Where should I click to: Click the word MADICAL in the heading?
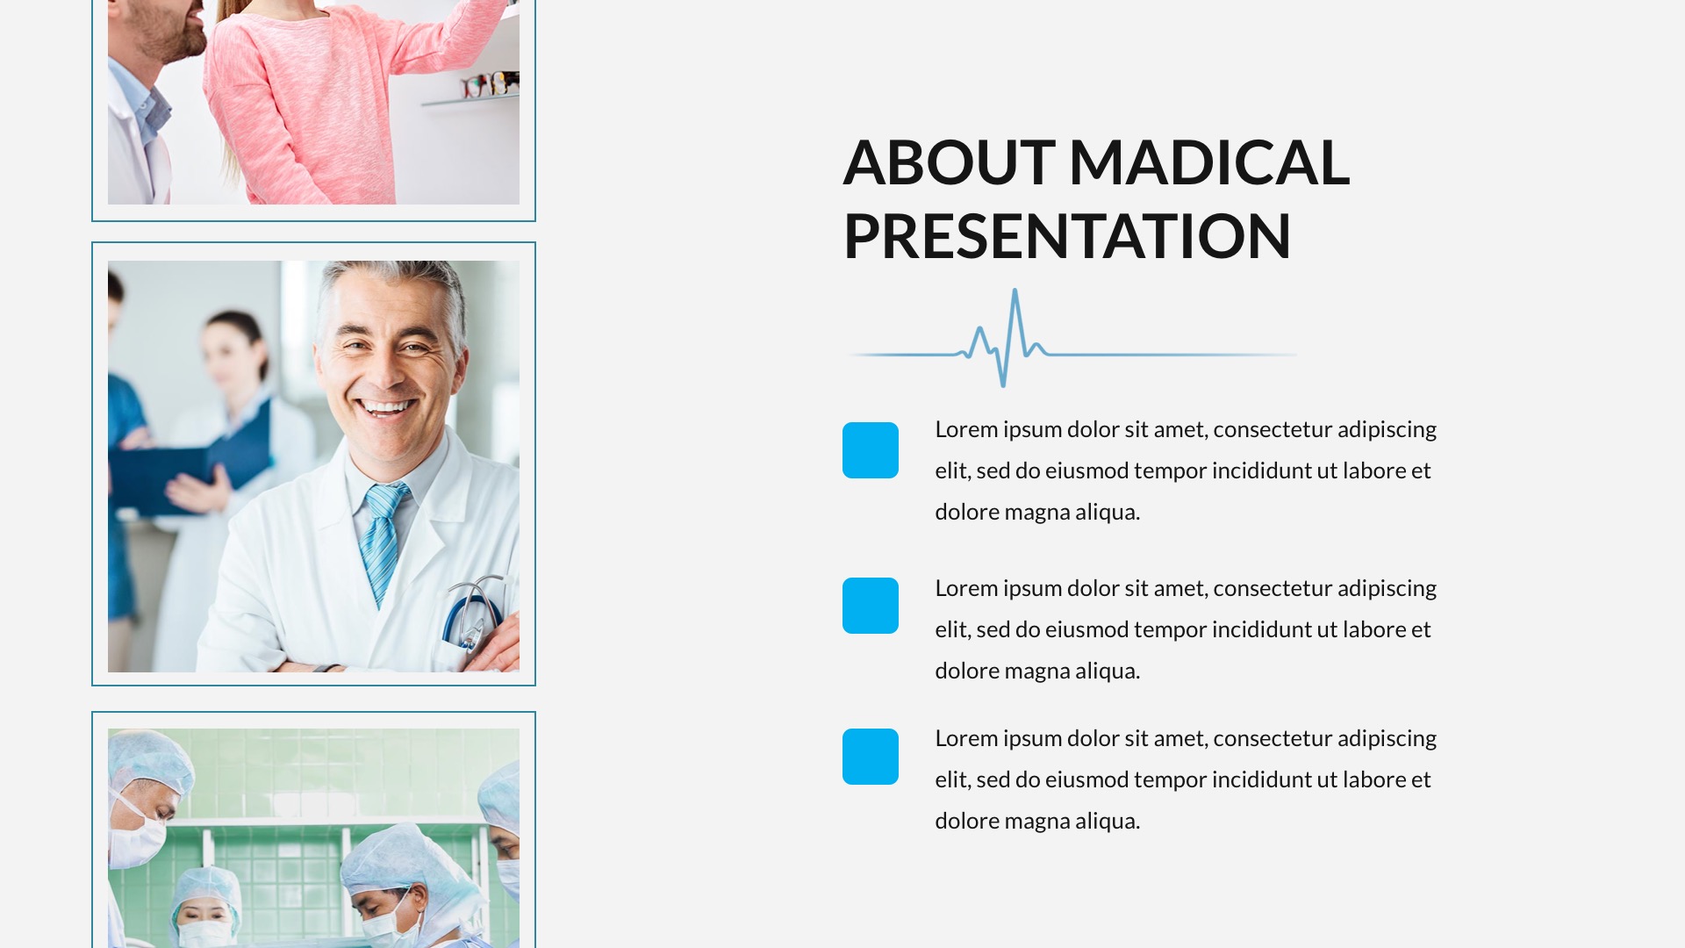pos(1208,163)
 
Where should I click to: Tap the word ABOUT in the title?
pos(948,163)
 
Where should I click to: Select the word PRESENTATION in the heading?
pos(1066,237)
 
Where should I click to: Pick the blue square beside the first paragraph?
pos(870,450)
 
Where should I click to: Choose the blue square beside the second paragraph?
pos(870,606)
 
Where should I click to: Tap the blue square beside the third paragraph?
pos(870,757)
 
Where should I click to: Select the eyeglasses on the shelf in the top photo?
pos(491,84)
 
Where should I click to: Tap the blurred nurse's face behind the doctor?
pos(230,355)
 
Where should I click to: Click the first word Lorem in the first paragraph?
pos(965,430)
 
